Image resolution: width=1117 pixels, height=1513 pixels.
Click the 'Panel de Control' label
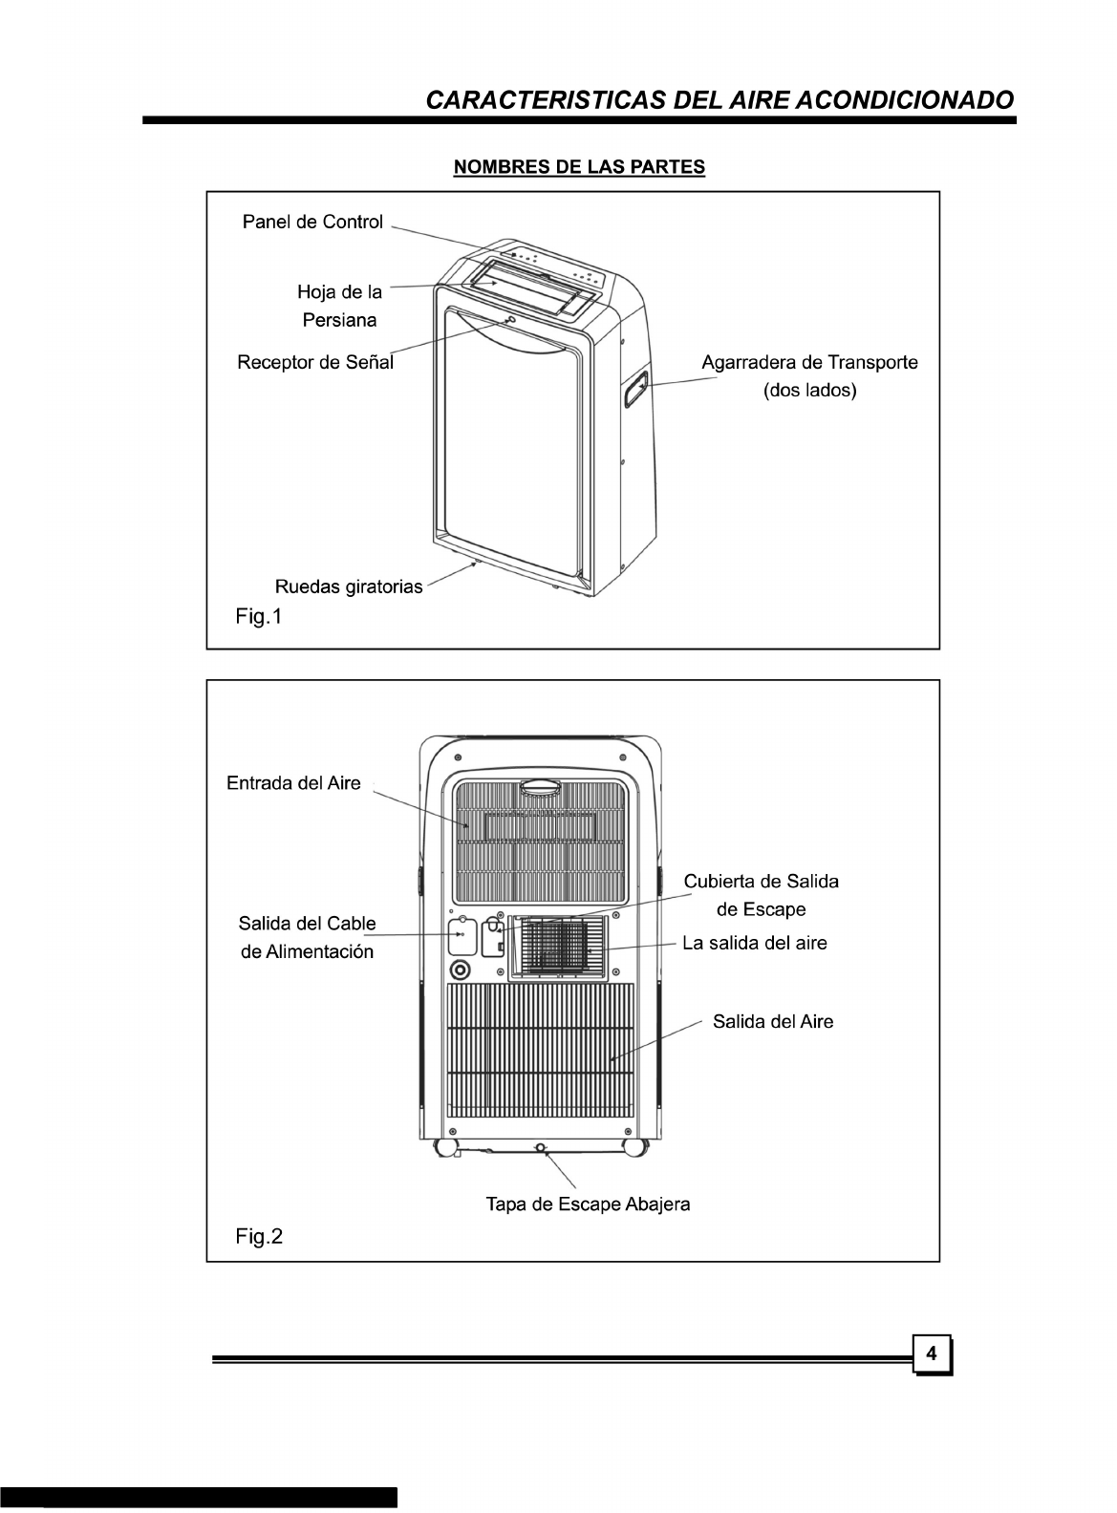click(x=312, y=223)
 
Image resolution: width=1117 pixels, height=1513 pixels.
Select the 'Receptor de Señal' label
click(x=315, y=363)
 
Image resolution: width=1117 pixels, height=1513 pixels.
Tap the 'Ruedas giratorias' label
click(x=348, y=586)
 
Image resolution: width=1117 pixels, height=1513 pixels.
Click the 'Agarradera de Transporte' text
click(x=809, y=363)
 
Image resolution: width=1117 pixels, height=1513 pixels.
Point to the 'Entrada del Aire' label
click(x=293, y=783)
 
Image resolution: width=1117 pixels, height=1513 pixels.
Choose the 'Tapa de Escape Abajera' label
click(x=588, y=1204)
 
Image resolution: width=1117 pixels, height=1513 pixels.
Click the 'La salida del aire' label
click(x=754, y=944)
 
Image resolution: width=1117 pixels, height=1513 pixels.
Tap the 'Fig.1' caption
click(x=259, y=617)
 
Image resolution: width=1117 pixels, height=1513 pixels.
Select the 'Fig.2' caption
click(x=259, y=1237)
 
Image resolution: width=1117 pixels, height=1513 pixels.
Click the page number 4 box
click(x=933, y=1353)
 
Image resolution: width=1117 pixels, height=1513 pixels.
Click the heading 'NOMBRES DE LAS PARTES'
click(x=579, y=167)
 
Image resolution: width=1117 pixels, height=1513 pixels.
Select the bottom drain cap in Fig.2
click(x=542, y=1147)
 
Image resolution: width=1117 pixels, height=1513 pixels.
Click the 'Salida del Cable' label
click(x=307, y=924)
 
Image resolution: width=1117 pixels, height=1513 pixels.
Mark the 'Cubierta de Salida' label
click(x=761, y=881)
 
